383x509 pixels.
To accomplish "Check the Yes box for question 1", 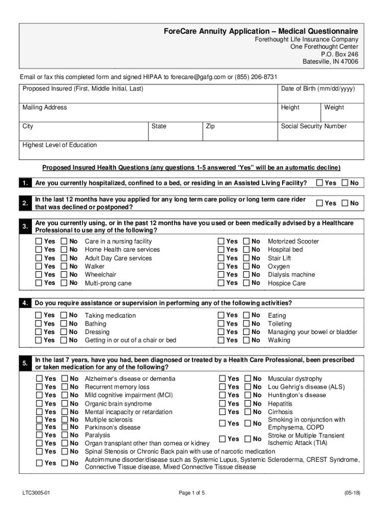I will [x=319, y=183].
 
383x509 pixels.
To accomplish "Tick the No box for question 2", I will [x=345, y=203].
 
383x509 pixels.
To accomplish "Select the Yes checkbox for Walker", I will [x=39, y=266].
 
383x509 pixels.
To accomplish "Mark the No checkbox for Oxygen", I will [x=246, y=266].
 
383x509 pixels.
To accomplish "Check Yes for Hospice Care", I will [x=221, y=283].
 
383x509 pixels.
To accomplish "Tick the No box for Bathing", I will [x=64, y=324].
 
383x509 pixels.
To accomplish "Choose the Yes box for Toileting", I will [x=221, y=324].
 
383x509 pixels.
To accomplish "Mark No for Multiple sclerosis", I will [x=65, y=420].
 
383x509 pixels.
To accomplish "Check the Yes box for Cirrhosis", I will [x=223, y=412].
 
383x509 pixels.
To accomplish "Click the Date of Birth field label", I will [x=318, y=88].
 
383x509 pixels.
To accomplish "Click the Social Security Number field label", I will [x=313, y=126].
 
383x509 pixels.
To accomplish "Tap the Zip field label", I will [x=210, y=126].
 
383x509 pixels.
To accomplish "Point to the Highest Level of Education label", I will [x=60, y=145].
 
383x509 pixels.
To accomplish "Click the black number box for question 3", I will [x=25, y=227].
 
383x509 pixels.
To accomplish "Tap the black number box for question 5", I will [x=25, y=364].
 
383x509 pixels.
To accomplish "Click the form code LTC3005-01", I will [x=36, y=493].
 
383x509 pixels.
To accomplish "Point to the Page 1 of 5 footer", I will [x=191, y=493].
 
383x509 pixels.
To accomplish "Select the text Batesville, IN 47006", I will [x=330, y=62].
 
